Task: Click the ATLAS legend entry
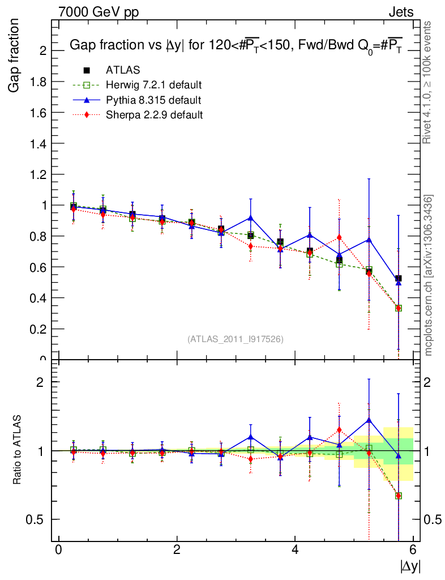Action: (x=123, y=70)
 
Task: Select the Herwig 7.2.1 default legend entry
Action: (x=153, y=85)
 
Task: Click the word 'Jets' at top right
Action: (x=401, y=12)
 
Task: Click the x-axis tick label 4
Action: (x=295, y=549)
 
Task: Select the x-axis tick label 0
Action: (x=58, y=549)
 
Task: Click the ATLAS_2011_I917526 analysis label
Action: (x=236, y=339)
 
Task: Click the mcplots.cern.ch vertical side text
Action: (x=429, y=275)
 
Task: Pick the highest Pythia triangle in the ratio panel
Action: (x=369, y=420)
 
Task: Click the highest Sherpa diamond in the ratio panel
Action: (x=339, y=430)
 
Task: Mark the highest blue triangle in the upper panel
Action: (x=251, y=217)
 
